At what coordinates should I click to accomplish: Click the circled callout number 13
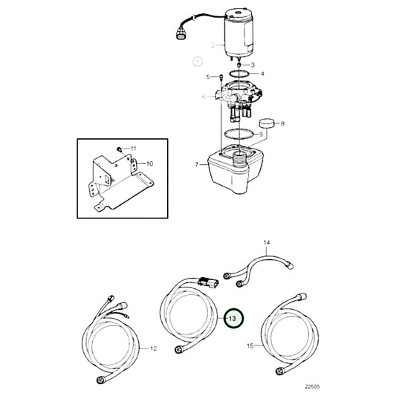coord(233,318)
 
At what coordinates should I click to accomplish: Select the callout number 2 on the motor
coord(212,45)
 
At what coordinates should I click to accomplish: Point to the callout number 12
coord(154,348)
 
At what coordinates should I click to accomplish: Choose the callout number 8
coord(282,123)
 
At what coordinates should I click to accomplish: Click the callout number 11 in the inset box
coord(134,149)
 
